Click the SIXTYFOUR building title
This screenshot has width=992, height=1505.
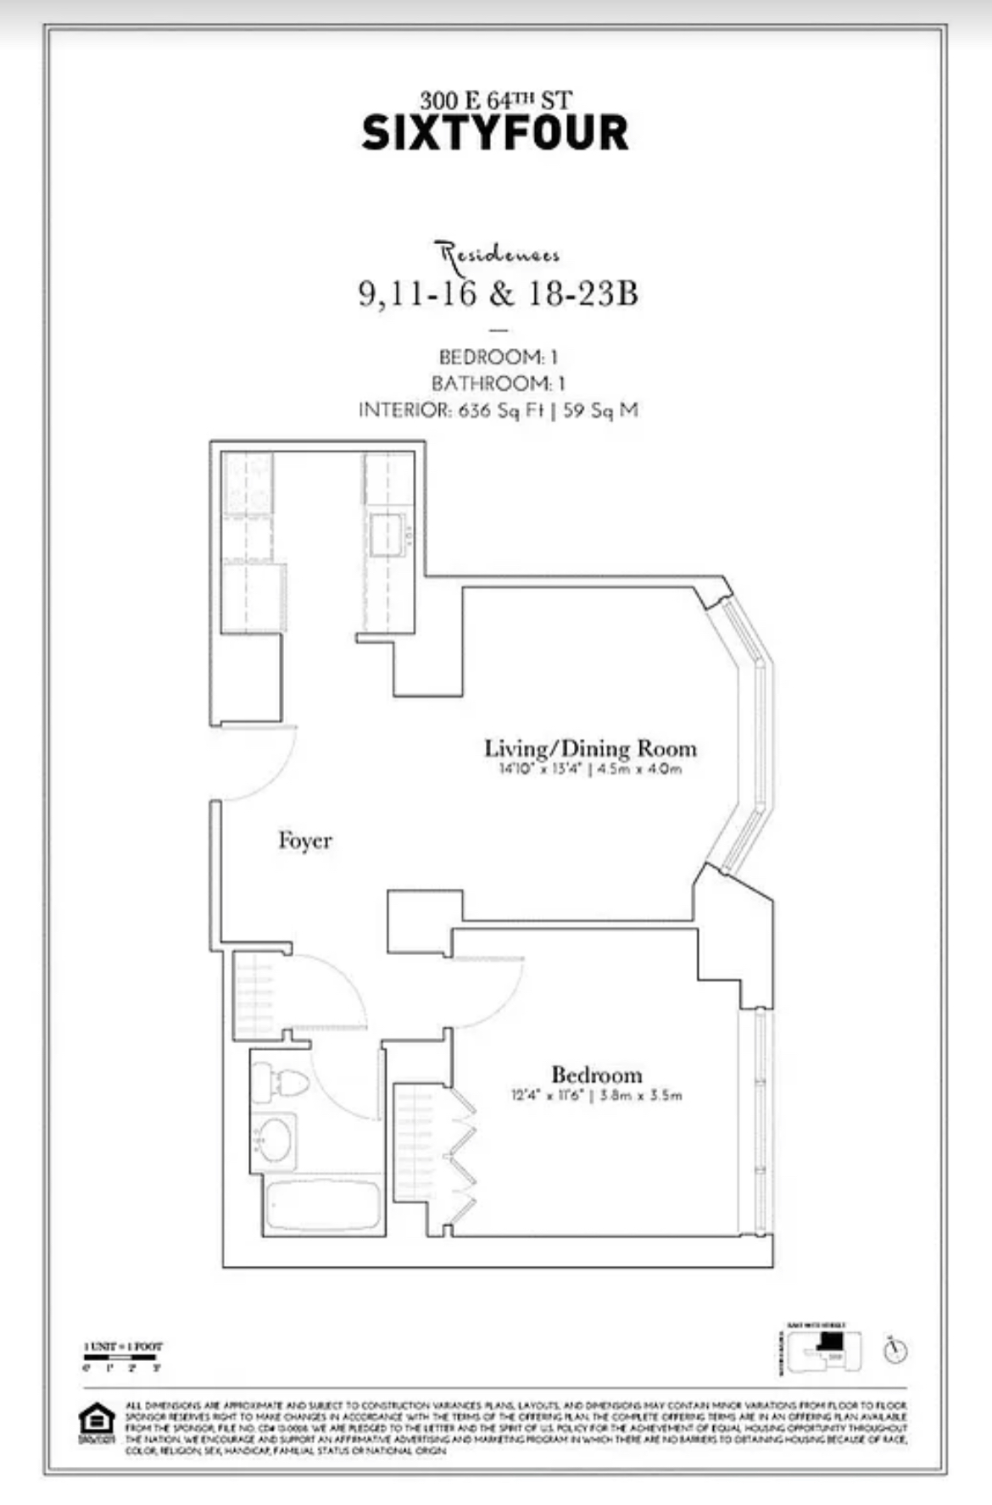point(495,133)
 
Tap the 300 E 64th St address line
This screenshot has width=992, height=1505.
point(495,101)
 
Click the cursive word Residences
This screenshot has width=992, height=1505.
point(498,253)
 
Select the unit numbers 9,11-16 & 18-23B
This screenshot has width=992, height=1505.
point(498,293)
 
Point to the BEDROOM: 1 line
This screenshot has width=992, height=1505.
point(498,357)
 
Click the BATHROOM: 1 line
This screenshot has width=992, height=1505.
point(498,383)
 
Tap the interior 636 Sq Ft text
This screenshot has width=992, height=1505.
point(498,410)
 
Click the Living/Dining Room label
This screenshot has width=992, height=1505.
point(590,748)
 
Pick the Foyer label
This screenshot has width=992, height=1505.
point(304,841)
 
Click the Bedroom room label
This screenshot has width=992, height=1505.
point(596,1075)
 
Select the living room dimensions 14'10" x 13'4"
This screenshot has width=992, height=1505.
point(590,770)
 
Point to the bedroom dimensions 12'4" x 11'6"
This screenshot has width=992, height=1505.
point(596,1095)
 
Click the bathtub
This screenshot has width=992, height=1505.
point(322,1205)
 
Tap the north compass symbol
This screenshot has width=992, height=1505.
point(894,1350)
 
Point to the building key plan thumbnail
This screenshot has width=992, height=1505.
point(823,1349)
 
